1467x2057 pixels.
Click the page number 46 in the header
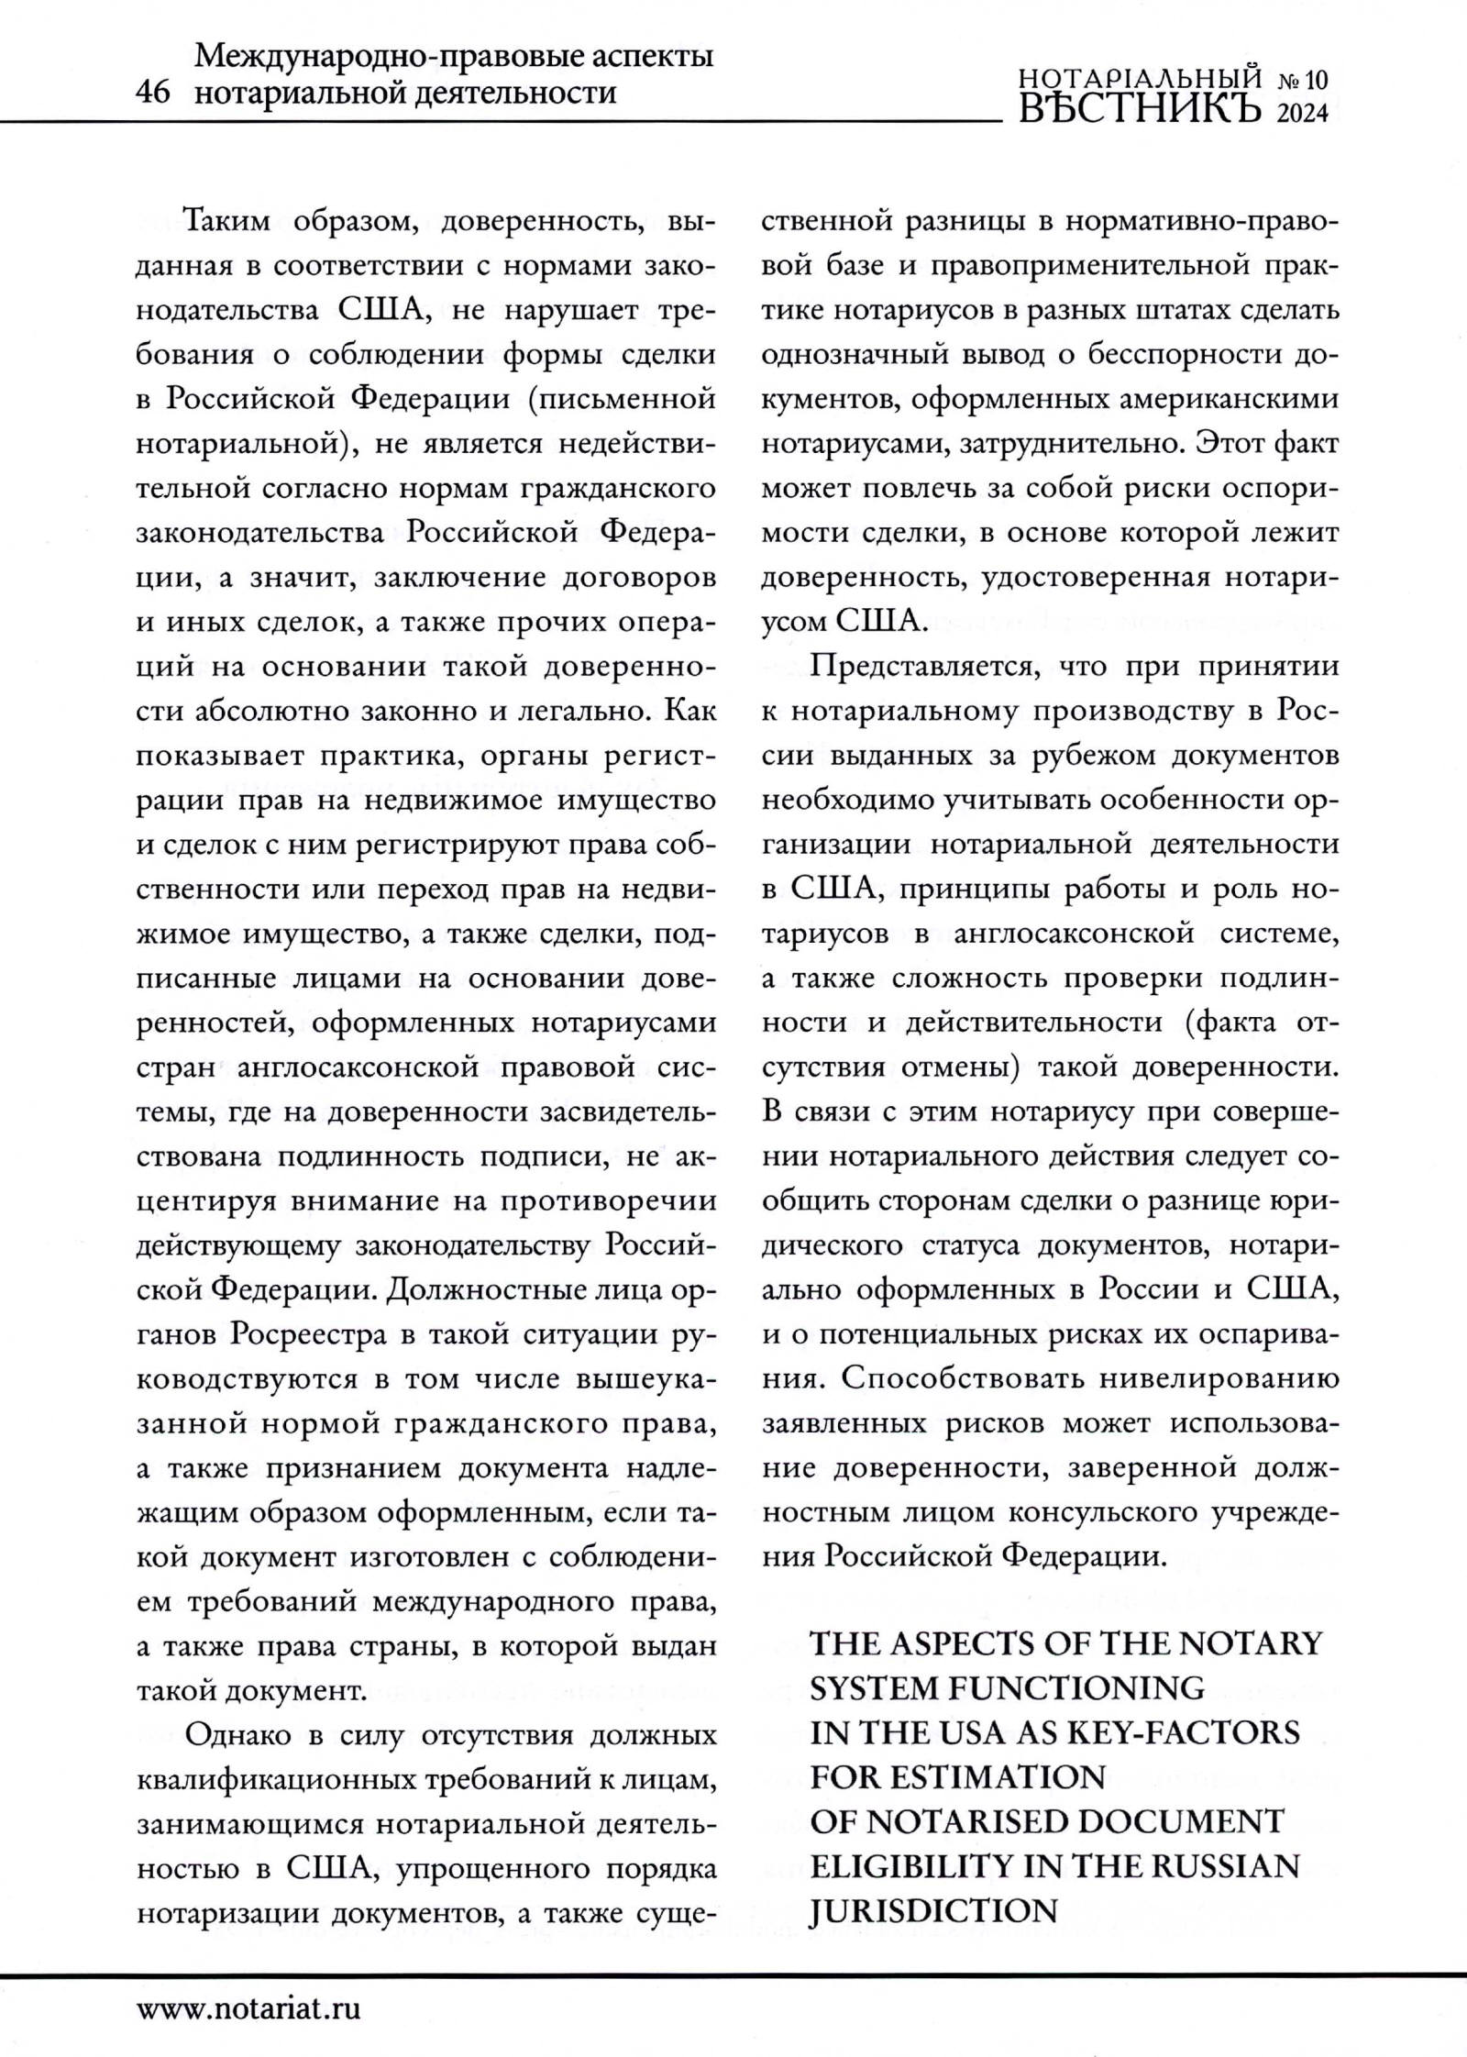(x=152, y=93)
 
